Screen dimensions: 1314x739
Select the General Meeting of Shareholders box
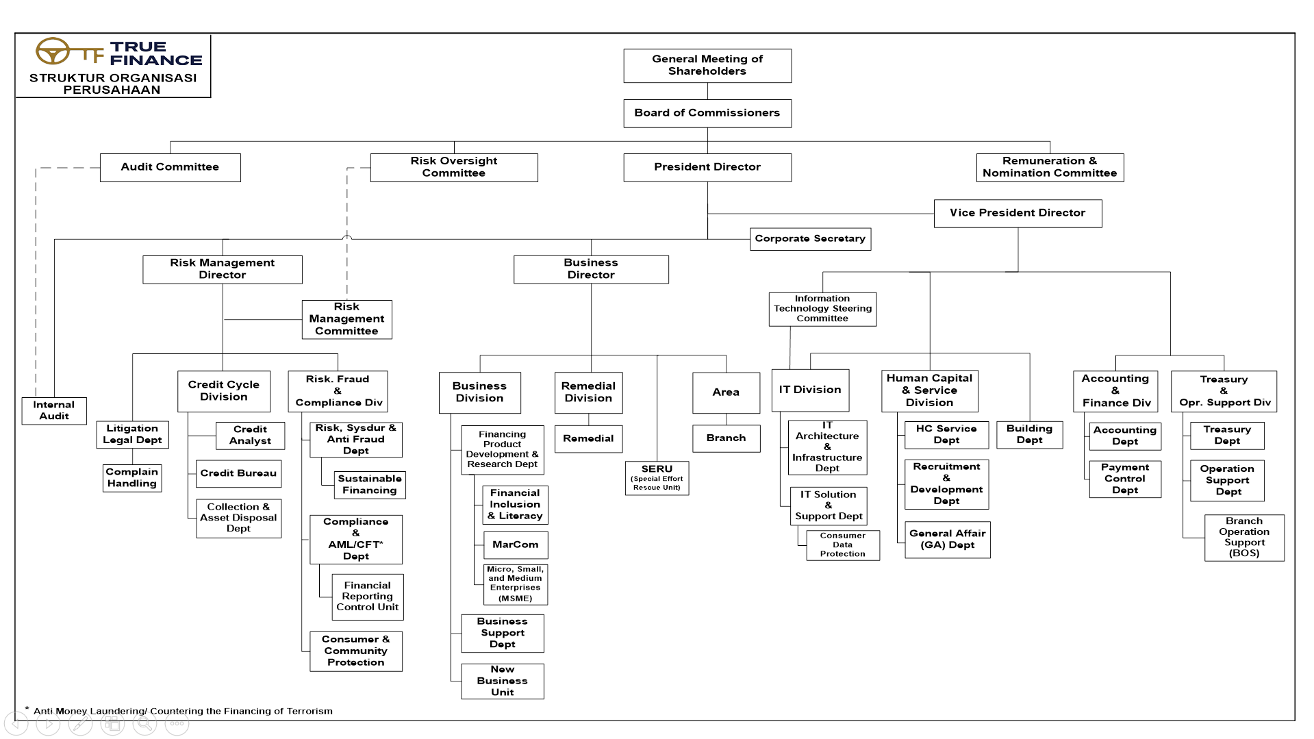707,66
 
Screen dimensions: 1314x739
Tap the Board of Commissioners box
707,113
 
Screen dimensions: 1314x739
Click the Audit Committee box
170,167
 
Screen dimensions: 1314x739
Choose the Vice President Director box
1018,213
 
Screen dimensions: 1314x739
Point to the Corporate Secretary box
810,239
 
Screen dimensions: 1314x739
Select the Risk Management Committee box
347,319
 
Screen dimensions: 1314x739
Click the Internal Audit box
54,411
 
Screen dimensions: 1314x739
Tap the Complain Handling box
132,478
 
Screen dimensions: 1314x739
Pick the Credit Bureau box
238,473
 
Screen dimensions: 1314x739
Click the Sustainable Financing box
370,485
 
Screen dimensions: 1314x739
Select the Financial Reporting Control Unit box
368,597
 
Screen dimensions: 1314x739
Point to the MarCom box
516,545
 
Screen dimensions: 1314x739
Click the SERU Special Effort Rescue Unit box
657,478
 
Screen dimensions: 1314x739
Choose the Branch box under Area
727,438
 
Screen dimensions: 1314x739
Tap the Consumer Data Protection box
843,545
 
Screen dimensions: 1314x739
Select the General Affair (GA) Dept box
948,540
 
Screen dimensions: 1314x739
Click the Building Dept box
1030,435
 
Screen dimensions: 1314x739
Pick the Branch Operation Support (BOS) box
1244,538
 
